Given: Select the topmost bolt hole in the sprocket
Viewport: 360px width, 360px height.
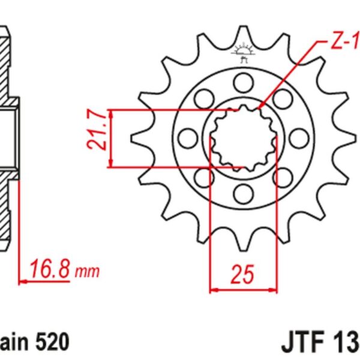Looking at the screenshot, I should click(243, 81).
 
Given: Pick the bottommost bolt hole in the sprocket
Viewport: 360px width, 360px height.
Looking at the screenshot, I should click(243, 192).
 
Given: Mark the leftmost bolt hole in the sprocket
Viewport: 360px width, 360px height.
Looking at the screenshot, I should click(187, 137).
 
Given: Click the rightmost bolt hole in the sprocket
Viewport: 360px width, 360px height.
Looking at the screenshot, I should click(298, 137).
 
